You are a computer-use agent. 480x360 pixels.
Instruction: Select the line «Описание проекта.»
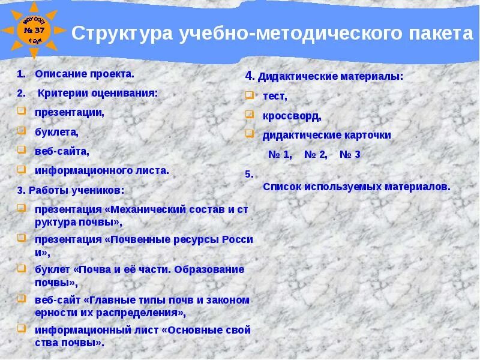tap(85, 74)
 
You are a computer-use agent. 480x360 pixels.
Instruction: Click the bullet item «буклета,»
tap(56, 131)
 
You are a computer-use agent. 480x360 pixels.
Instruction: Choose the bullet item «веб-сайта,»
tap(62, 151)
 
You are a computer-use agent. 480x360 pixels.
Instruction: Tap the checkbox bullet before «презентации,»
tap(21, 111)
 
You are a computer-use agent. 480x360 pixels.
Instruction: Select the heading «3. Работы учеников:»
tap(71, 190)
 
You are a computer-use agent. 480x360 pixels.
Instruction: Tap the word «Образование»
tap(211, 269)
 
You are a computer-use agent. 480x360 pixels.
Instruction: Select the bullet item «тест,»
tap(275, 96)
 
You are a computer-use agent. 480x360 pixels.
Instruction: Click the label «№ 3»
tap(350, 154)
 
